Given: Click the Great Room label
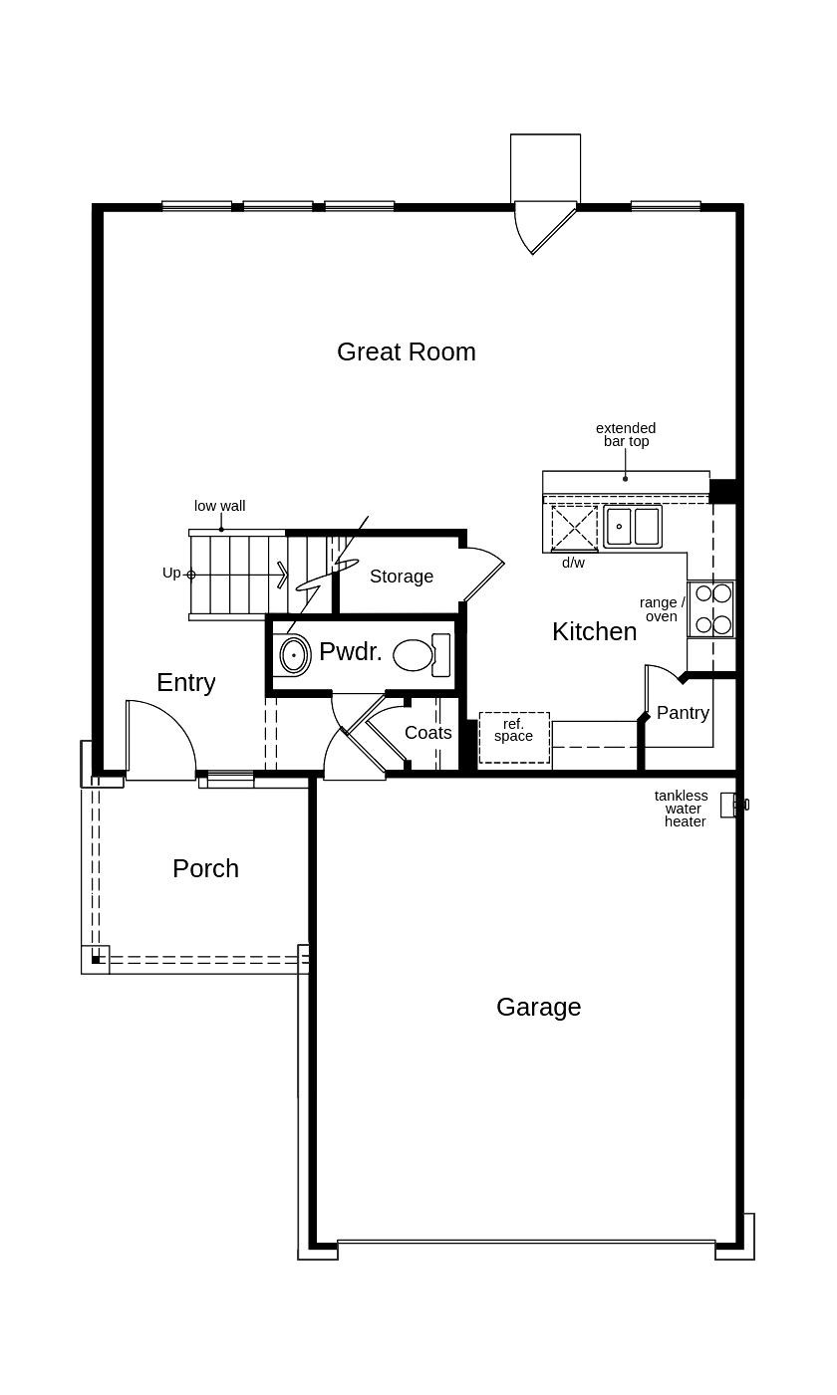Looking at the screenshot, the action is point(406,351).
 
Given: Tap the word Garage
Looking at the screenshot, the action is point(538,1007).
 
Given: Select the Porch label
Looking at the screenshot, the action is point(205,868).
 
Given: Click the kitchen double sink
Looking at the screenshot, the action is point(632,526).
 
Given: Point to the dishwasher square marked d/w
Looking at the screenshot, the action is point(574,528).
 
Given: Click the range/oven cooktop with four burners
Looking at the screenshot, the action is point(711,608).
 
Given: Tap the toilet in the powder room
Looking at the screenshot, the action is point(419,655).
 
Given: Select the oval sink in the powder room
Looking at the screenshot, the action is point(293,655).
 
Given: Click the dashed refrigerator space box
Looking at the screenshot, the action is point(514,738).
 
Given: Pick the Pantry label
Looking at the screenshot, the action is point(683,713).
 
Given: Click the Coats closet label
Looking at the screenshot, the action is point(428,733).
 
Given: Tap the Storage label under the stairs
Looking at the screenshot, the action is point(402,577).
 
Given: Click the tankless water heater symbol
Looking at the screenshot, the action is point(731,805).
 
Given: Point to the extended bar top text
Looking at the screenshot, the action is point(626,434).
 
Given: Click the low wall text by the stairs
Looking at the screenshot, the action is point(219,506).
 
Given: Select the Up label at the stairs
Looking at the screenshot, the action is point(171,573).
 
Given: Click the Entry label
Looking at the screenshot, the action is point(185,682).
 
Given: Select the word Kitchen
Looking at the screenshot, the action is point(594,631).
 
